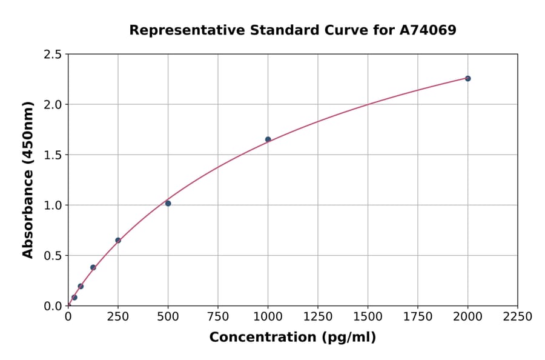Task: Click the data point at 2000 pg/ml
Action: pyautogui.click(x=467, y=78)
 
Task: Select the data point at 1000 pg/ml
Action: pyautogui.click(x=268, y=139)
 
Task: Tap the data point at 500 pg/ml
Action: pyautogui.click(x=168, y=203)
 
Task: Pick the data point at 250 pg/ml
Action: pyautogui.click(x=118, y=241)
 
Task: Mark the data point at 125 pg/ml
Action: pyautogui.click(x=93, y=267)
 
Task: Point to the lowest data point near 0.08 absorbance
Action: pyautogui.click(x=74, y=298)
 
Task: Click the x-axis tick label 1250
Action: pyautogui.click(x=317, y=316)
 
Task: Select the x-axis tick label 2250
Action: pyautogui.click(x=517, y=316)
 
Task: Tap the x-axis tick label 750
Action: pyautogui.click(x=217, y=316)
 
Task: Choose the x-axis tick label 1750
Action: pyautogui.click(x=417, y=316)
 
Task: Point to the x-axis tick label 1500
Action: pyautogui.click(x=368, y=316)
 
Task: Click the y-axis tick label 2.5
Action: pyautogui.click(x=53, y=55)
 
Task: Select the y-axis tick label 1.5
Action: pyautogui.click(x=53, y=155)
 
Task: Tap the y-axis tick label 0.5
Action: pyautogui.click(x=53, y=256)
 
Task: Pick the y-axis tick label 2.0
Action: pyautogui.click(x=53, y=105)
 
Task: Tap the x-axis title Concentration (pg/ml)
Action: pyautogui.click(x=292, y=338)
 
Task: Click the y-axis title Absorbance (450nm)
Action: pyautogui.click(x=28, y=179)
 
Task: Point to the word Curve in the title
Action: pyautogui.click(x=337, y=30)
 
